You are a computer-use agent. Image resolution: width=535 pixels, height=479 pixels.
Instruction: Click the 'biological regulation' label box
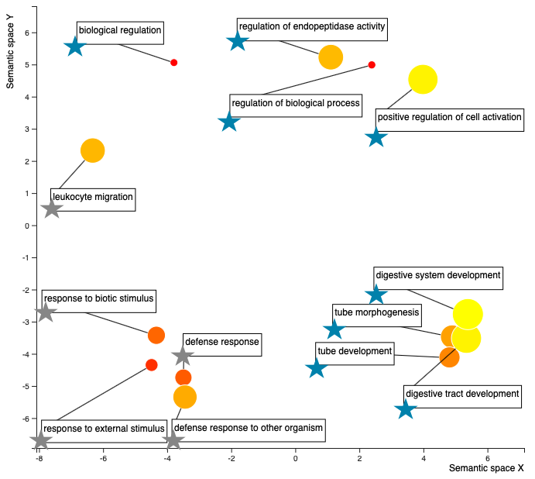tap(120, 33)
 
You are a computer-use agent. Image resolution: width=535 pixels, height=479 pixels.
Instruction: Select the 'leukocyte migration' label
tap(93, 200)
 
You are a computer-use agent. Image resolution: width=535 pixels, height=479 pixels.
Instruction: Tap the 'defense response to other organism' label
tap(249, 430)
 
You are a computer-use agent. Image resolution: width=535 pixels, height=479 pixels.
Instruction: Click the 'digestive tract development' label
tap(462, 397)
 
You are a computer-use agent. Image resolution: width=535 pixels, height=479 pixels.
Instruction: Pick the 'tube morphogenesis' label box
tap(377, 315)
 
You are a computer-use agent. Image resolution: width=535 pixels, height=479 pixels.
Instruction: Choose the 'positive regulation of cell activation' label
tap(449, 120)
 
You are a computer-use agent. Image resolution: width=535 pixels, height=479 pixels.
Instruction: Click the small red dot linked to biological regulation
tap(173, 63)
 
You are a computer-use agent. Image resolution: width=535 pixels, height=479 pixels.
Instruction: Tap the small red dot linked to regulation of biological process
tap(372, 65)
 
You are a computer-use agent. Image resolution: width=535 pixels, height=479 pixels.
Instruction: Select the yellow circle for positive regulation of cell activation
tap(423, 79)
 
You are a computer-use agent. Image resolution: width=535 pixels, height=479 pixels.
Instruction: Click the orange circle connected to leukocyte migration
tap(92, 150)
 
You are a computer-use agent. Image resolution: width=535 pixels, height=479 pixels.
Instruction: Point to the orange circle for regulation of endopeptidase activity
tap(331, 57)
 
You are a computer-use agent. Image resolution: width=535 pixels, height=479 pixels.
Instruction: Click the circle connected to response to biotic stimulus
tap(156, 335)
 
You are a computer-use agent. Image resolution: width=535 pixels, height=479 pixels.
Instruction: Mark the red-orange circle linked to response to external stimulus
tap(152, 365)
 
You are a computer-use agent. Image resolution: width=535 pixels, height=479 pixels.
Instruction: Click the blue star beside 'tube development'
tap(317, 368)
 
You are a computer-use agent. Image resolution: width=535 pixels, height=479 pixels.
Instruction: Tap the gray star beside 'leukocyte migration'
tap(52, 208)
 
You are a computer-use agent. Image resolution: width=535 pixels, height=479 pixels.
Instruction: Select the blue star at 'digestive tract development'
tap(406, 409)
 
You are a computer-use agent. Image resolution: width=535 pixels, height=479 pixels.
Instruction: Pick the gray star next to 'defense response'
tap(183, 356)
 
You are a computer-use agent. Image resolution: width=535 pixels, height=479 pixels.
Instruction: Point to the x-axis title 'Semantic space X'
tap(486, 468)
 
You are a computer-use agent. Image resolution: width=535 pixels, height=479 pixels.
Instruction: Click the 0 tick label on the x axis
tap(296, 459)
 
